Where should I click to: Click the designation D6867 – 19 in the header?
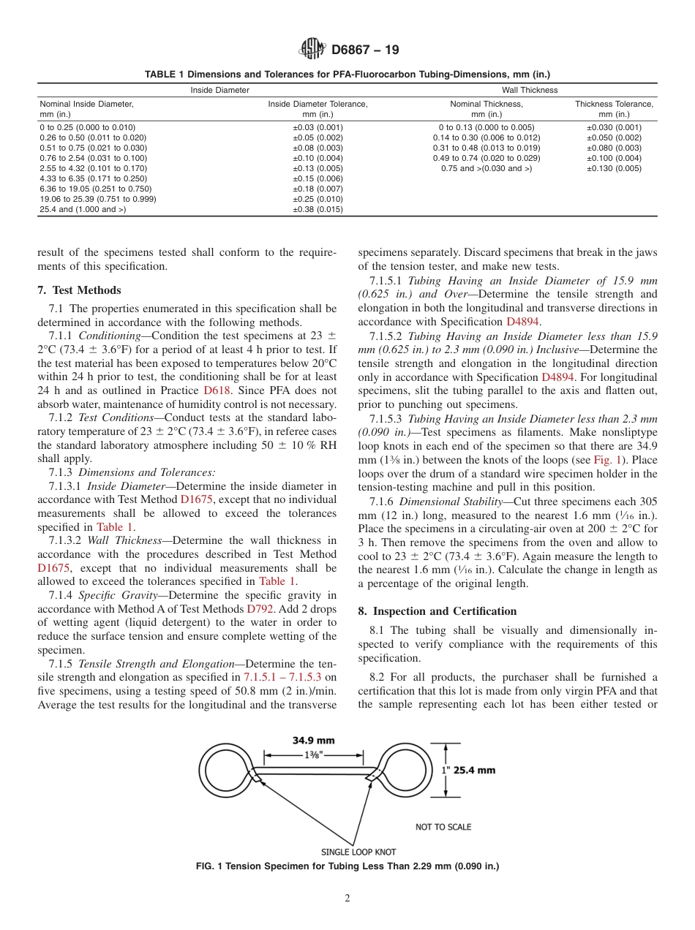pos(365,50)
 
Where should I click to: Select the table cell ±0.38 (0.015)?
pos(318,210)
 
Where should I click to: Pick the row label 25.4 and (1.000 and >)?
pos(83,210)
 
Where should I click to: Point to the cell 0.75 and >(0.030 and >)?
pos(486,168)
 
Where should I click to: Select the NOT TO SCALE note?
pos(443,827)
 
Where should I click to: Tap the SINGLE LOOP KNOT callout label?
pos(358,852)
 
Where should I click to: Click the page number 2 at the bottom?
pos(347,899)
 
